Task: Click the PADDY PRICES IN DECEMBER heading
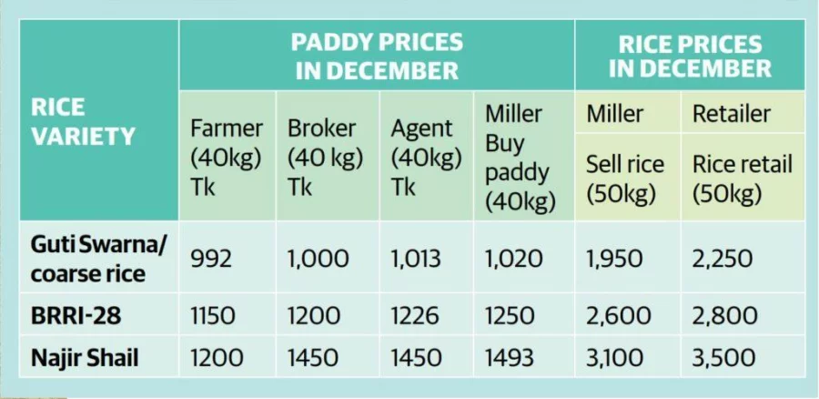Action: (376, 56)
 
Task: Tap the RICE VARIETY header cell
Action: (83, 122)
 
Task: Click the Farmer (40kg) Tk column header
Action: (226, 157)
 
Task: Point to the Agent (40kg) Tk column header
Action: (426, 157)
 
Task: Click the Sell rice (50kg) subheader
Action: (625, 179)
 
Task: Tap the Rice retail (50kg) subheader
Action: (742, 179)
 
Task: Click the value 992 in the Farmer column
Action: (211, 260)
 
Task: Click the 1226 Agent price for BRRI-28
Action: (415, 316)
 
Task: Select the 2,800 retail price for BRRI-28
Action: (723, 316)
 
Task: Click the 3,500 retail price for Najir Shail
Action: (723, 358)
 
